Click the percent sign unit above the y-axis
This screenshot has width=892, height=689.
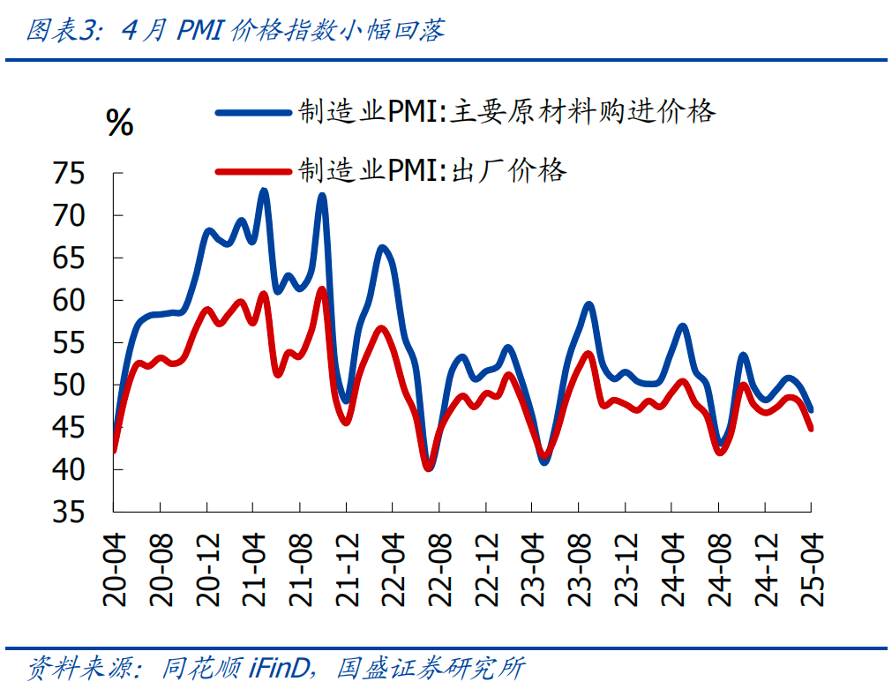pos(119,123)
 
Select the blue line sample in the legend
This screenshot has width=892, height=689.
pos(253,112)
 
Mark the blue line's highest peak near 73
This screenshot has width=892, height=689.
pos(264,191)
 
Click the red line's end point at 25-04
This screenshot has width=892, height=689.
pos(811,429)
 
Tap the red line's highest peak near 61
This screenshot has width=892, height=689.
pos(321,288)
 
